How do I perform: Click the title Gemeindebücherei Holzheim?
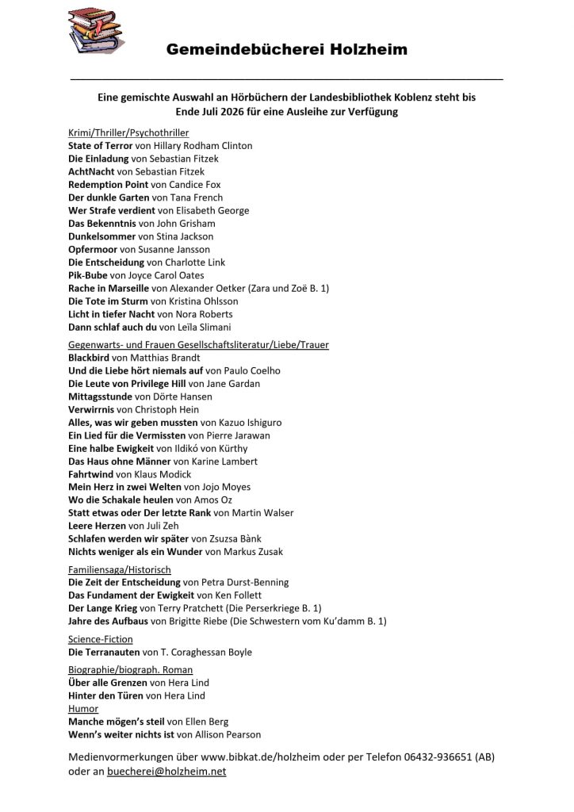tap(287, 50)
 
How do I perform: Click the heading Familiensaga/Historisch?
tap(120, 569)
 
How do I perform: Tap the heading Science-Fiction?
tap(101, 639)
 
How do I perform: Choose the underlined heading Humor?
tap(83, 708)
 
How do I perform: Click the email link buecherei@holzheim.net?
tap(167, 771)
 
